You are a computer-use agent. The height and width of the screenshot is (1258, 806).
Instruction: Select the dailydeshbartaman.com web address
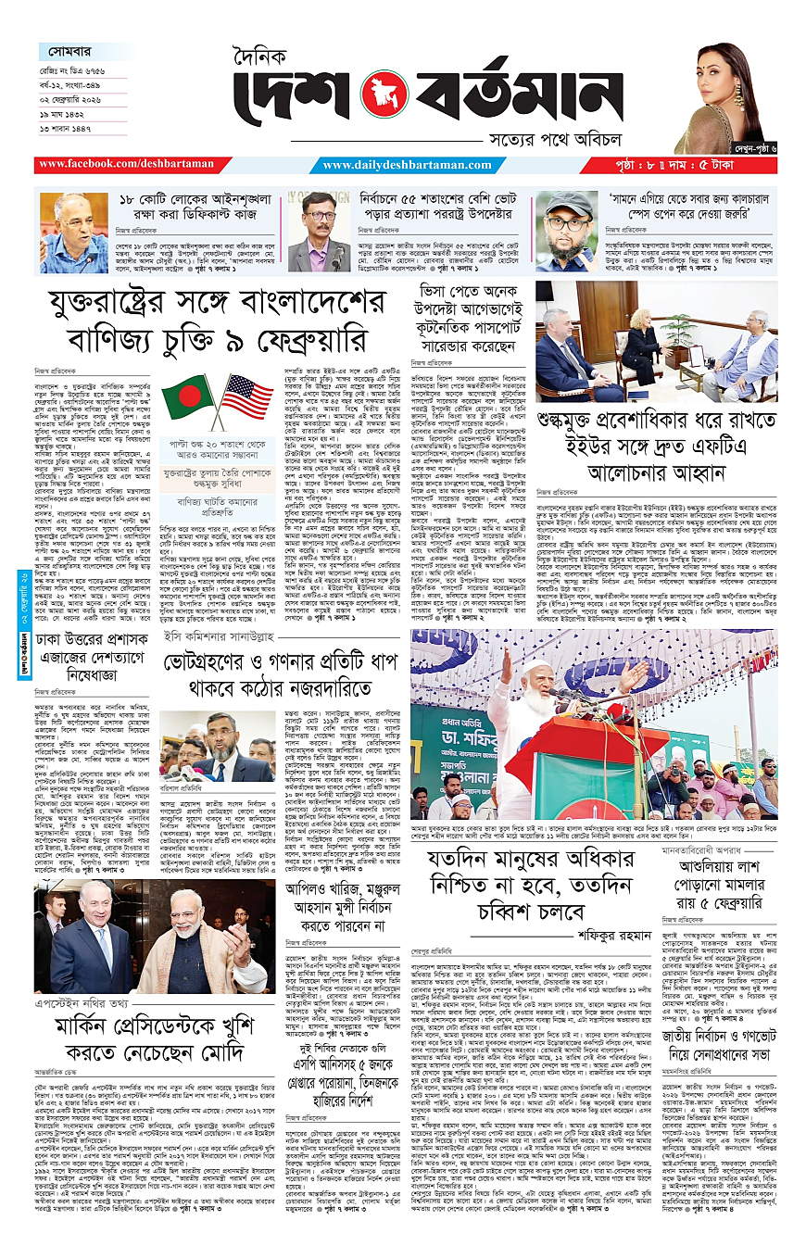pyautogui.click(x=407, y=165)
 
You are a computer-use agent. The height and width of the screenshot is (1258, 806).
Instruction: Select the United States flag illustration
pyautogui.click(x=246, y=396)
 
